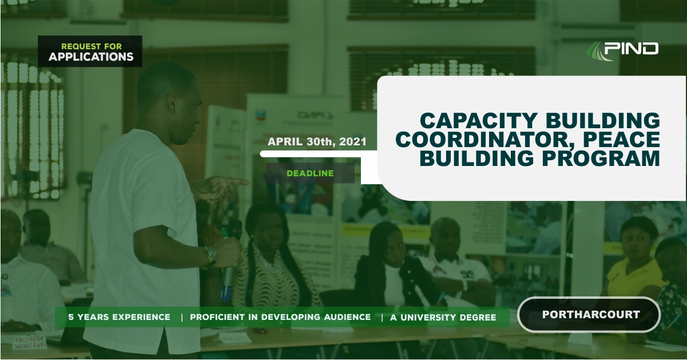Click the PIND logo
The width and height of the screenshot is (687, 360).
[x=622, y=50]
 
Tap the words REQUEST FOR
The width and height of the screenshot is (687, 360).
[x=92, y=46]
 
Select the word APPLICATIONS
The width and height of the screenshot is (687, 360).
[x=91, y=57]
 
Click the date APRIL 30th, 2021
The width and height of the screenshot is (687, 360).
[x=317, y=141]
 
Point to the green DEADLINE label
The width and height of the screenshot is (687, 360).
[x=310, y=173]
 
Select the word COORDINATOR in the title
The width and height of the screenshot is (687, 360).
[x=487, y=139]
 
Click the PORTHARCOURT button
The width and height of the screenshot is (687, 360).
[x=589, y=315]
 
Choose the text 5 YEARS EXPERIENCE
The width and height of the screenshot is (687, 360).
[x=119, y=317]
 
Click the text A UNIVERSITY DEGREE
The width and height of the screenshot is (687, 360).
[x=443, y=317]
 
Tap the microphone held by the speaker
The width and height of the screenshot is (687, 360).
[x=229, y=260]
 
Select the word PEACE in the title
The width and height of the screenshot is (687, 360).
[x=622, y=139]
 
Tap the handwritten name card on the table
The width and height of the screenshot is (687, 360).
[x=29, y=342]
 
